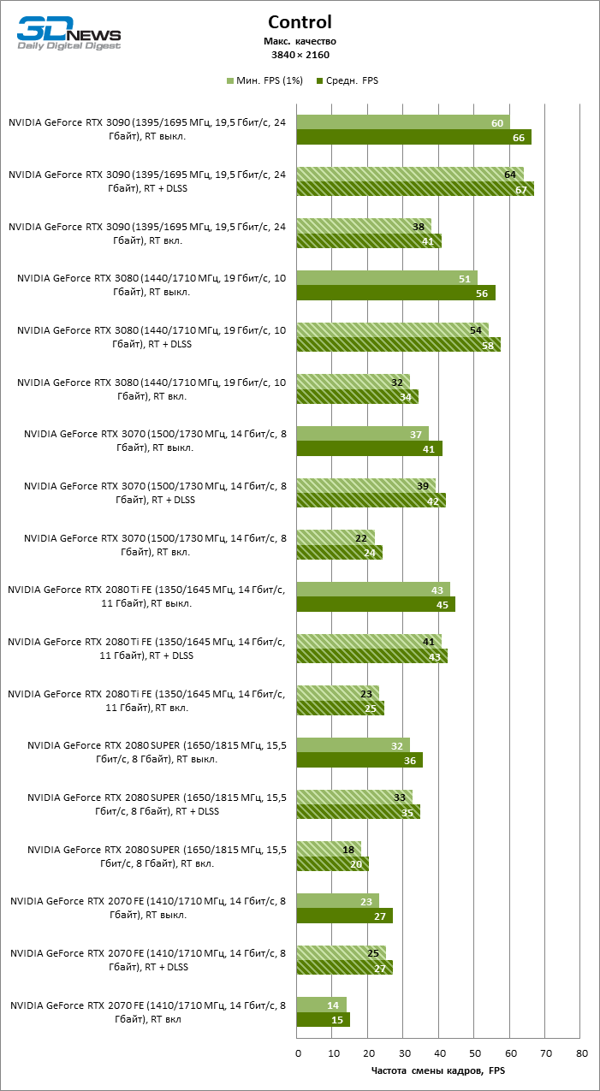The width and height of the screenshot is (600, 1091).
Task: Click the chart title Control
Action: click(x=300, y=22)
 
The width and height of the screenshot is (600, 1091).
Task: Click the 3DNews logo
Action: click(x=69, y=34)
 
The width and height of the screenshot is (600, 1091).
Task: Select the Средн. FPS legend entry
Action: click(x=348, y=80)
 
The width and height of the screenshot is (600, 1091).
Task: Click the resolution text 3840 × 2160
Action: click(x=300, y=55)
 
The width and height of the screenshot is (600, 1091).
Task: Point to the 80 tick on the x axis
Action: click(x=581, y=1053)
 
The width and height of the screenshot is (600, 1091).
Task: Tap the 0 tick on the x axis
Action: click(x=298, y=1053)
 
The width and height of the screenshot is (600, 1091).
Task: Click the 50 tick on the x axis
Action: click(x=474, y=1053)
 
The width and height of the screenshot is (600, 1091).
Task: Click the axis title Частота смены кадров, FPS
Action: click(x=438, y=1070)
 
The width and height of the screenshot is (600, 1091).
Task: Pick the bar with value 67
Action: click(x=415, y=189)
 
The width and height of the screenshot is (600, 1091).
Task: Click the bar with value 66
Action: click(x=413, y=137)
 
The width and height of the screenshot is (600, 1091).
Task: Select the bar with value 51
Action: click(x=387, y=278)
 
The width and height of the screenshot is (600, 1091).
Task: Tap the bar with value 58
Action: click(x=399, y=345)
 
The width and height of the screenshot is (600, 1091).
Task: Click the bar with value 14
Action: click(x=322, y=1005)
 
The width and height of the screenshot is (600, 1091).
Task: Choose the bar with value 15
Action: click(x=324, y=1020)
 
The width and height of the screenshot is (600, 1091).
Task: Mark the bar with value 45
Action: click(x=376, y=604)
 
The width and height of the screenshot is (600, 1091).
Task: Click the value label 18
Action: click(x=349, y=849)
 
